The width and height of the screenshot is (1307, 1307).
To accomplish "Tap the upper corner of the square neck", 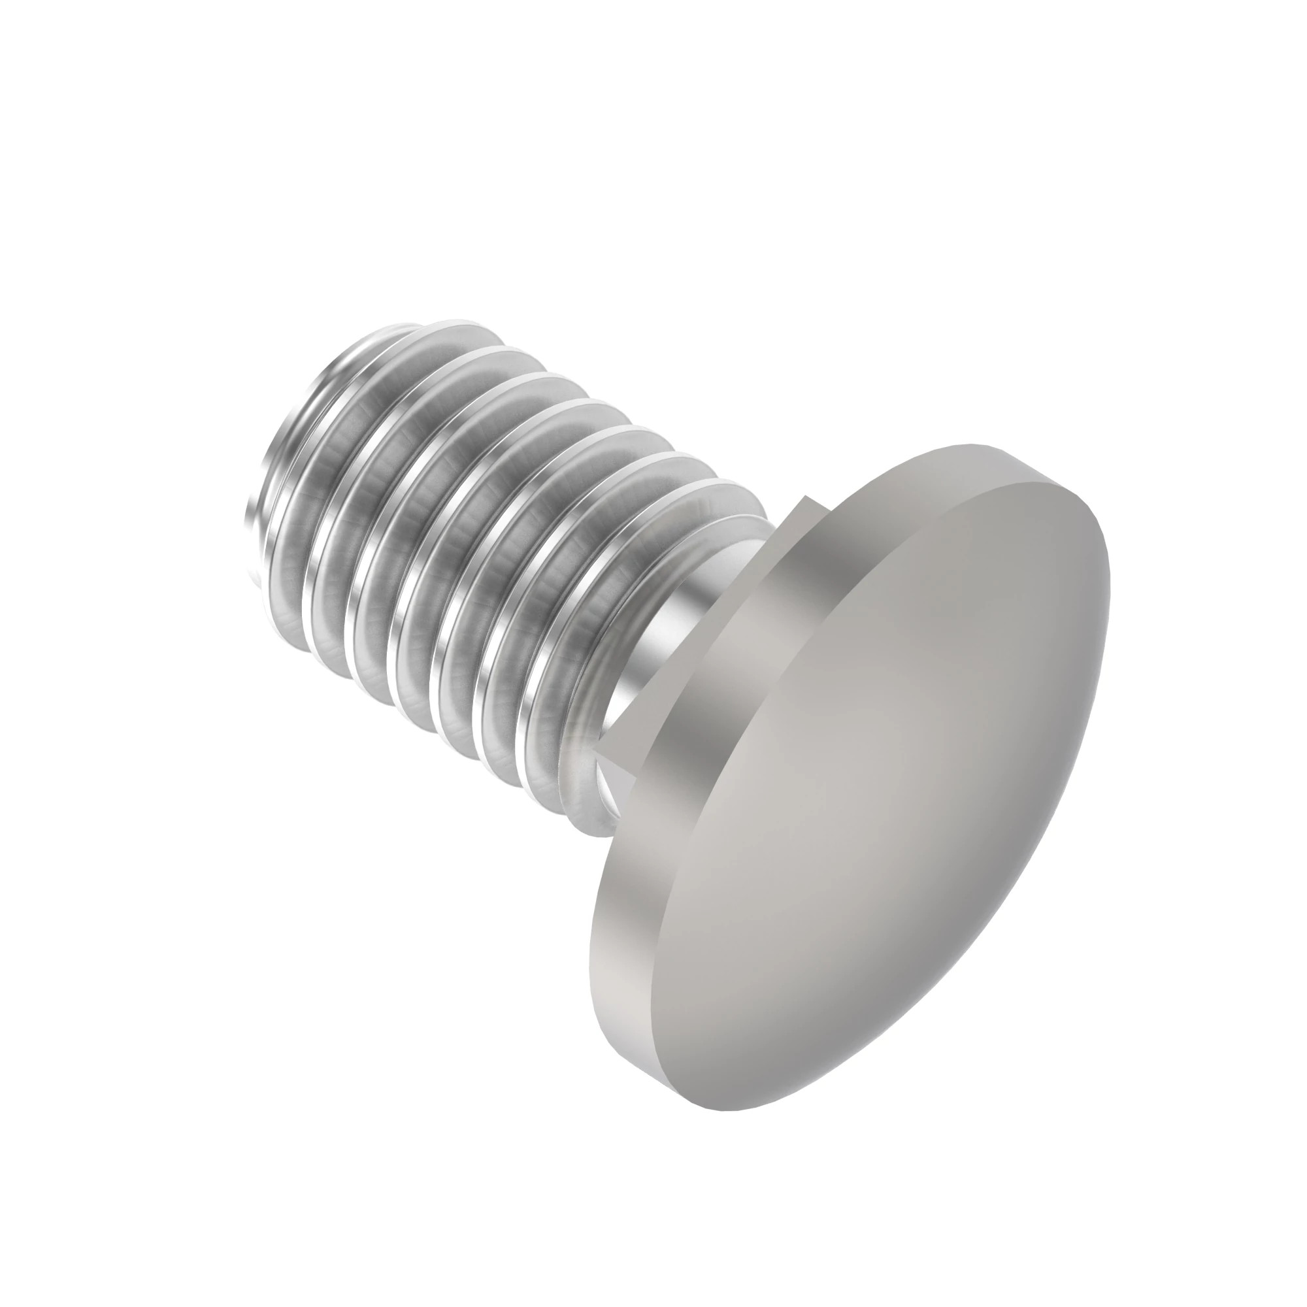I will point(805,499).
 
